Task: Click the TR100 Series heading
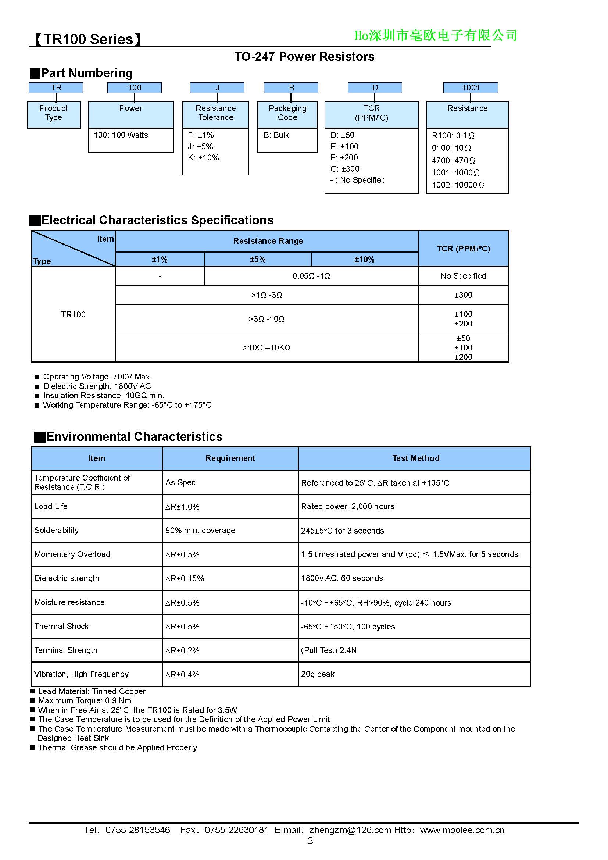click(x=88, y=39)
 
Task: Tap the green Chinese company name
click(x=435, y=36)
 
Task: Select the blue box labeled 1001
click(x=470, y=88)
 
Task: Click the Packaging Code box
click(x=287, y=113)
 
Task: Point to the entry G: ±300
click(x=344, y=169)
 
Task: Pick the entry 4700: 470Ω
click(x=453, y=160)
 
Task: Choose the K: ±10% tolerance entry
click(x=203, y=158)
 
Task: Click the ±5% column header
click(x=258, y=259)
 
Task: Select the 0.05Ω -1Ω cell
click(x=311, y=276)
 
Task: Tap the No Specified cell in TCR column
click(x=463, y=276)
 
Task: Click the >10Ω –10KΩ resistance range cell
click(x=267, y=347)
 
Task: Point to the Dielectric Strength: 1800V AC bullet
click(x=97, y=386)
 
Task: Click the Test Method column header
click(x=416, y=458)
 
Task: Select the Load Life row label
click(x=51, y=506)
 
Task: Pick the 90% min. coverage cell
click(x=200, y=531)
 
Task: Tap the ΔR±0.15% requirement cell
click(x=185, y=578)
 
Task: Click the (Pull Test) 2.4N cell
click(x=329, y=650)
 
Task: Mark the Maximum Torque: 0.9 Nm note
click(x=85, y=700)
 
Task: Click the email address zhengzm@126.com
click(x=350, y=830)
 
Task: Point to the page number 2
click(x=310, y=841)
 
